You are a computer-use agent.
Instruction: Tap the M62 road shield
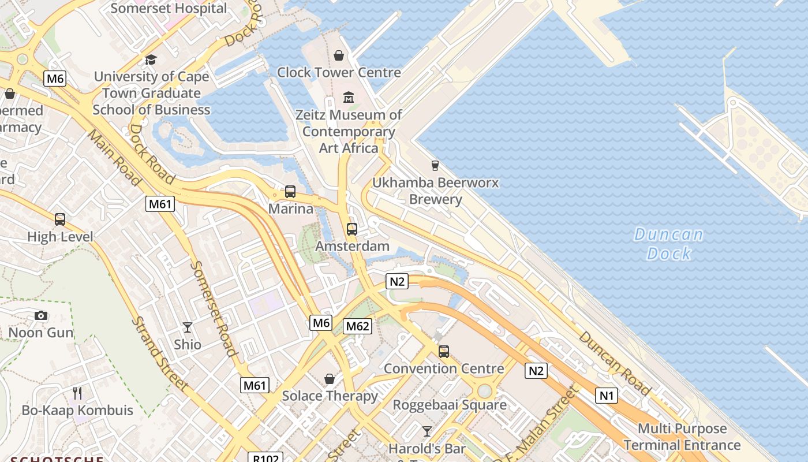[357, 326]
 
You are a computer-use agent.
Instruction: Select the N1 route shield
[606, 396]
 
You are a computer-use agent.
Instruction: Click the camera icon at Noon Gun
[40, 315]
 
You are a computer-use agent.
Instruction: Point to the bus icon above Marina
[290, 192]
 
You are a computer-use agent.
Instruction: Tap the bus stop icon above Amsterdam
[352, 229]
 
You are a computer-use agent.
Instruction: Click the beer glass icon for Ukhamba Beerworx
[435, 166]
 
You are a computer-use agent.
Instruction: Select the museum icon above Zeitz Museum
[348, 97]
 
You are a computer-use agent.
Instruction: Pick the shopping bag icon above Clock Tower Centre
[339, 55]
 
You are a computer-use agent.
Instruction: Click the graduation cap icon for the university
[151, 59]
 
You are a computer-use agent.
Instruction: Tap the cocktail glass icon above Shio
[188, 327]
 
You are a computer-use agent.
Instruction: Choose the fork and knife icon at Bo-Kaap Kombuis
[77, 393]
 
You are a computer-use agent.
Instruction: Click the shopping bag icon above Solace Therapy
[330, 379]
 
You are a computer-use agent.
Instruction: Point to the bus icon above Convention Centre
[443, 351]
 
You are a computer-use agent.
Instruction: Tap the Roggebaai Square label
[450, 405]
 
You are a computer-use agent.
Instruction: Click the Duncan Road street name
[615, 363]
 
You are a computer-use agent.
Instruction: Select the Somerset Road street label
[214, 309]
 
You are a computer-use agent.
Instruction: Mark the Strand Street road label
[159, 353]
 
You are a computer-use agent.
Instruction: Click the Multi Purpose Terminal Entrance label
[682, 437]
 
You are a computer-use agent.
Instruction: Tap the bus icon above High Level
[60, 219]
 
